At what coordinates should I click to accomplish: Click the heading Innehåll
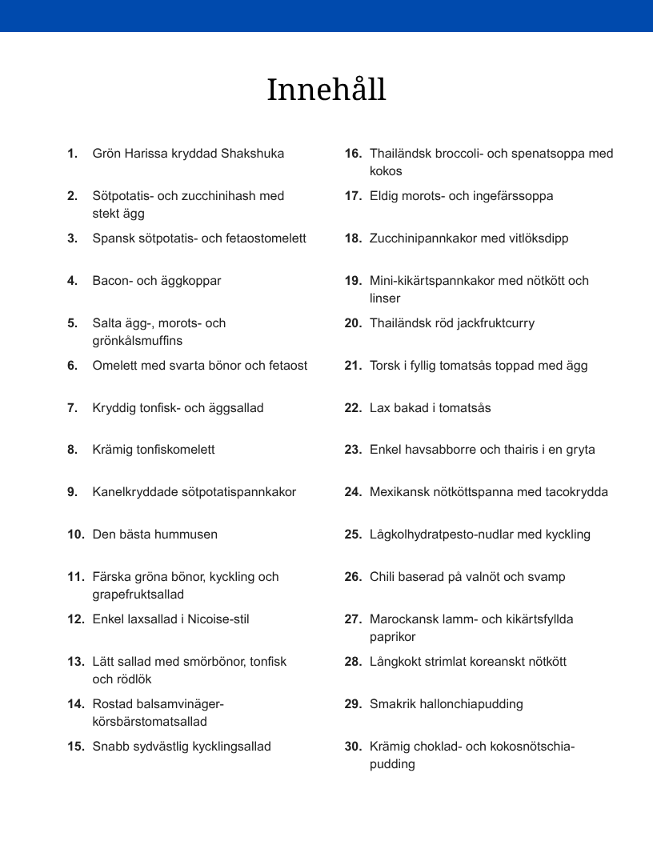coord(326,90)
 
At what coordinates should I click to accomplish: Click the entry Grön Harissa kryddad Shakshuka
coord(188,153)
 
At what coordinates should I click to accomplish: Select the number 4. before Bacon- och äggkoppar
coord(72,281)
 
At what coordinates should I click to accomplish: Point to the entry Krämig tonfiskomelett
coord(154,450)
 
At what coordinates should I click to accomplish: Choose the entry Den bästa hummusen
coord(155,535)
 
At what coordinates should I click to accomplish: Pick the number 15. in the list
coord(76,747)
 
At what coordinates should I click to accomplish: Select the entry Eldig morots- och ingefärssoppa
coord(461,196)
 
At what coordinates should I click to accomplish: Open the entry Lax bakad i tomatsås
coord(431,408)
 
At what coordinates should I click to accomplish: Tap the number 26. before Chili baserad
coord(353,577)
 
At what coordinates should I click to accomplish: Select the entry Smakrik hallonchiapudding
coord(447,704)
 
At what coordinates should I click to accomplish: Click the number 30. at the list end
coord(353,747)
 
